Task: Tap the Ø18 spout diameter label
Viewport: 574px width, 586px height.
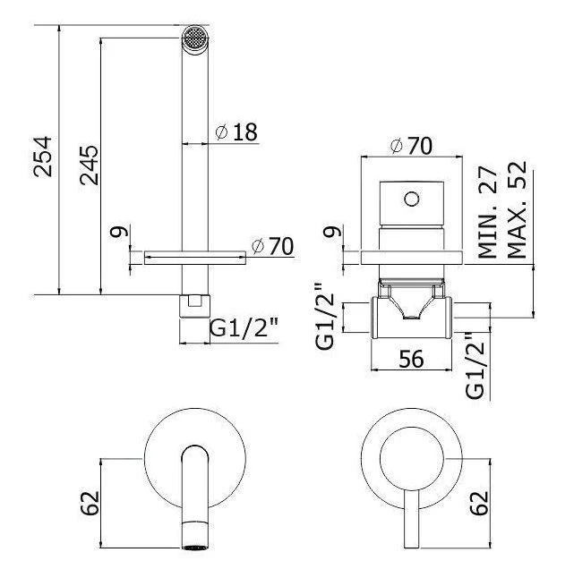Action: (237, 132)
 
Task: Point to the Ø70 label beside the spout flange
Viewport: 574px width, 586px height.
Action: (273, 246)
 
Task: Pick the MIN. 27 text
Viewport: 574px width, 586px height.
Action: (487, 212)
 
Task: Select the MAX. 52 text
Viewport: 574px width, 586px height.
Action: (517, 212)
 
